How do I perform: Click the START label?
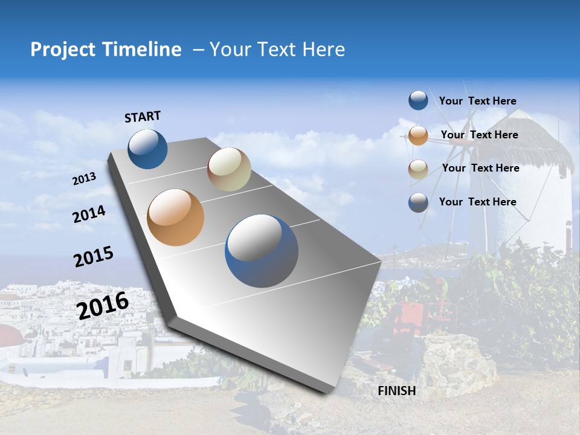click(143, 117)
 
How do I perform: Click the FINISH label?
click(396, 391)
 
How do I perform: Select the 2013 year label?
click(84, 179)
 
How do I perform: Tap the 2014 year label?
click(89, 214)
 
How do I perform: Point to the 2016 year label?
click(103, 305)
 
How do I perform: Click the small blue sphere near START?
click(147, 149)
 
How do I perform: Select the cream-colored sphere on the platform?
click(229, 169)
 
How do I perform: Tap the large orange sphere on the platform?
click(175, 217)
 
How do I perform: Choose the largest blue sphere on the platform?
click(262, 251)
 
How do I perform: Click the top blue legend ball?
click(418, 100)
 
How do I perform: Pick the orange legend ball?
click(418, 135)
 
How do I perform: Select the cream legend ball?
click(418, 169)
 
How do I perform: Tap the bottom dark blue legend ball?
click(418, 202)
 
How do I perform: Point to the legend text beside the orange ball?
click(479, 135)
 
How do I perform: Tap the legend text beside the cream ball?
click(480, 168)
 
